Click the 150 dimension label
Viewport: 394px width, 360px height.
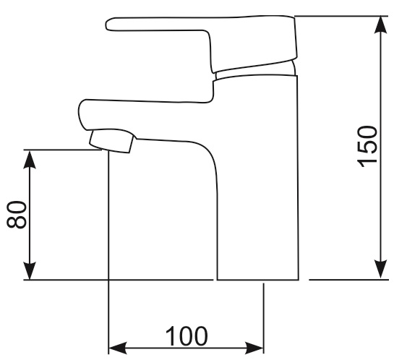(367, 147)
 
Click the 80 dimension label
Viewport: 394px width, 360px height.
(17, 215)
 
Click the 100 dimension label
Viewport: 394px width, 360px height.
(187, 336)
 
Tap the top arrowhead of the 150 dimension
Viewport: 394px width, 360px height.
(381, 25)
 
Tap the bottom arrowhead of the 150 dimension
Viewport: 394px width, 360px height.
(381, 270)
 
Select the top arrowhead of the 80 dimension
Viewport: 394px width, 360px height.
(30, 160)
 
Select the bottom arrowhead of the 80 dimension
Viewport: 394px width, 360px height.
(30, 270)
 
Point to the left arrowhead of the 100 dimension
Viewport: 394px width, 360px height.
(118, 348)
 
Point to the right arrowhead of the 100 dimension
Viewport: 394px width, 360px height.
(254, 348)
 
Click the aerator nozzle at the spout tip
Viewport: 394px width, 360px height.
(111, 141)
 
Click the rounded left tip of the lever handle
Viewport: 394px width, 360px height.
(108, 25)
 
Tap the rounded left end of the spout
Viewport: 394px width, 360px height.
(81, 114)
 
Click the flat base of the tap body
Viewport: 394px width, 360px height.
(258, 280)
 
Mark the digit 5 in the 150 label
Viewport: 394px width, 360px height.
(367, 147)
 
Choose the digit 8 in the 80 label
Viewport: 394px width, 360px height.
(17, 222)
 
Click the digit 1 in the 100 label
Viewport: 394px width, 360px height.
(171, 336)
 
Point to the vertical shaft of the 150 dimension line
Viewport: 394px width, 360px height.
(381, 147)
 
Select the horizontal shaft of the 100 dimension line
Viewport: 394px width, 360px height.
(186, 348)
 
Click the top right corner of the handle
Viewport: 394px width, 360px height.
(294, 17)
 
